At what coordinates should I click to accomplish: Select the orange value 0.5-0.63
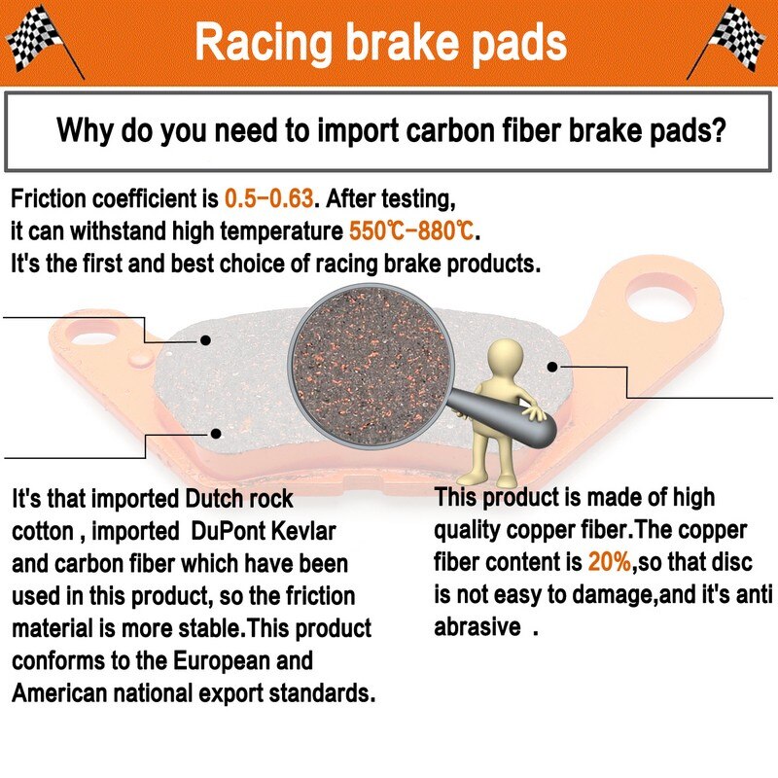pyautogui.click(x=269, y=198)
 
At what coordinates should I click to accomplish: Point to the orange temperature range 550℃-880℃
pyautogui.click(x=411, y=230)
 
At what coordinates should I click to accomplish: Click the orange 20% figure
pyautogui.click(x=610, y=562)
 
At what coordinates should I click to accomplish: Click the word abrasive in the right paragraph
pyautogui.click(x=477, y=626)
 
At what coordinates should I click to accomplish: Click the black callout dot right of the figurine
pyautogui.click(x=552, y=367)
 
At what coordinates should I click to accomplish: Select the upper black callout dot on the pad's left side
pyautogui.click(x=205, y=340)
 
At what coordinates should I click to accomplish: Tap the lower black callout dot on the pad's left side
pyautogui.click(x=216, y=434)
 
